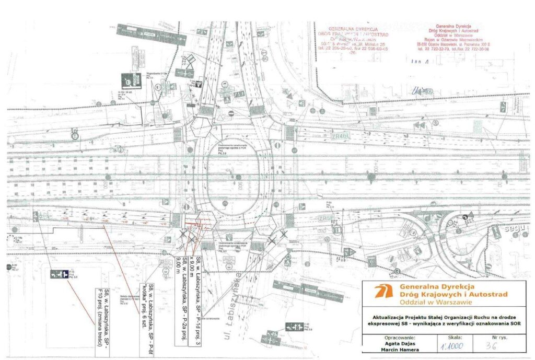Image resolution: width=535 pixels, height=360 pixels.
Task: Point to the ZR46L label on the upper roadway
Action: tap(340, 136)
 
